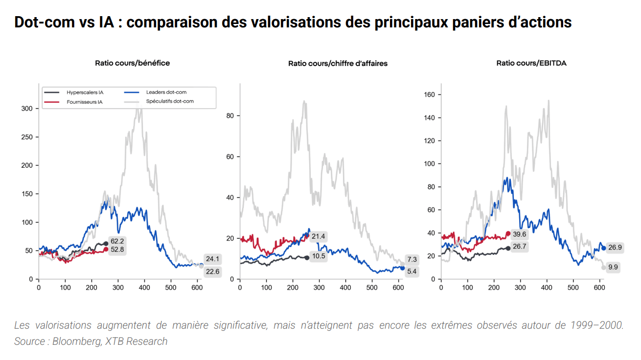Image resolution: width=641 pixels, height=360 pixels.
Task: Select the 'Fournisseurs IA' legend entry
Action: pos(85,102)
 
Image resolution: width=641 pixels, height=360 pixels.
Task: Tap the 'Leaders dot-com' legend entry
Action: pos(166,92)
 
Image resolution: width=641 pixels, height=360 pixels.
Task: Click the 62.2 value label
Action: pos(117,241)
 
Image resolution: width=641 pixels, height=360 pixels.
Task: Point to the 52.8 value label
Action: pos(117,250)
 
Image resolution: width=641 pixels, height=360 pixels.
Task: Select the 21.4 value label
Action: pos(318,237)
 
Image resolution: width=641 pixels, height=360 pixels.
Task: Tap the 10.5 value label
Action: pos(318,257)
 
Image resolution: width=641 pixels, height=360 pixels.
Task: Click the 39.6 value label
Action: pos(519,234)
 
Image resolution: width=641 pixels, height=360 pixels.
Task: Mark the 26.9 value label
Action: pos(615,247)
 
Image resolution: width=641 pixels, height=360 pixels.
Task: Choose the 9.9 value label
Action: pos(613,267)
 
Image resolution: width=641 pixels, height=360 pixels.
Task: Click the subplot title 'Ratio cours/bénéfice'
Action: pos(132,63)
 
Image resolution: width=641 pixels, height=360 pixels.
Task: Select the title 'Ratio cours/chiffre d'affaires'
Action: pos(338,64)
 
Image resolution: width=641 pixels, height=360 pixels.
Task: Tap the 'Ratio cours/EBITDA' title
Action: pos(531,63)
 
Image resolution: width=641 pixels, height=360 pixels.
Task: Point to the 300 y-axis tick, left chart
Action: pos(27,109)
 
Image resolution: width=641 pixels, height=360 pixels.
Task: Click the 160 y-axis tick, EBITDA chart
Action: pos(430,94)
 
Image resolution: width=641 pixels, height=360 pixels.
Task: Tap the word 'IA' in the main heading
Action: pos(109,22)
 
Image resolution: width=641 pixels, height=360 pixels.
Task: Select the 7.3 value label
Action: pos(412,260)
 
